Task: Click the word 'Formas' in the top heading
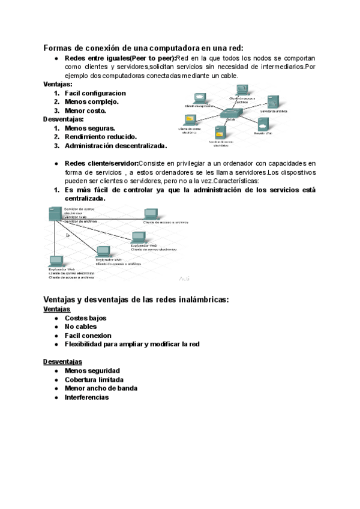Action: click(61, 47)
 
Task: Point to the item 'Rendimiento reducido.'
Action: click(100, 137)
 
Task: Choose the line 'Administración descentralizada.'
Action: click(116, 146)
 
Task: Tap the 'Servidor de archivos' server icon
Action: click(273, 103)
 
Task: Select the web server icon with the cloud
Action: click(263, 124)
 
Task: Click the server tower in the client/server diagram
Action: click(54, 214)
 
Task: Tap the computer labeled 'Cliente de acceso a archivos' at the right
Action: click(150, 214)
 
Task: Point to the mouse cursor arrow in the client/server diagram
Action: click(67, 235)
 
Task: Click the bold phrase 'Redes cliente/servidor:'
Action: click(101, 163)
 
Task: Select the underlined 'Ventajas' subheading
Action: click(57, 309)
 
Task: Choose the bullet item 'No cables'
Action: click(80, 327)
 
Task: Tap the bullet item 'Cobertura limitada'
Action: click(94, 380)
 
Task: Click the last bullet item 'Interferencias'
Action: click(86, 397)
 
